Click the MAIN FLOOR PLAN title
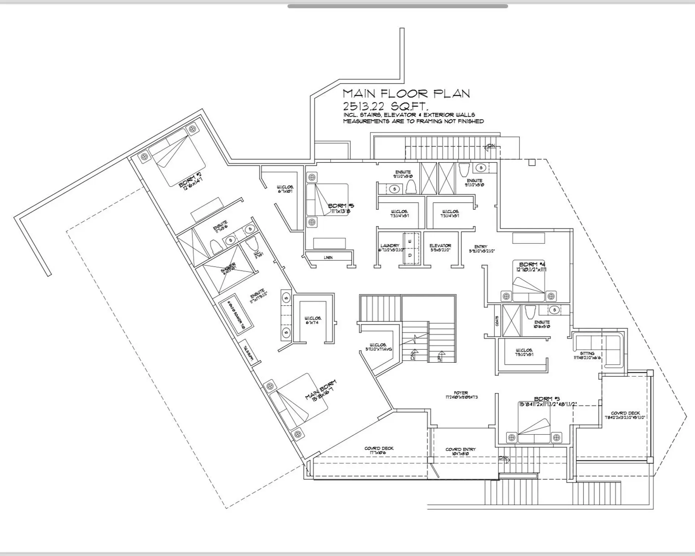[406, 94]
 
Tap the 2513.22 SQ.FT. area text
[386, 106]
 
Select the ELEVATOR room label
[440, 246]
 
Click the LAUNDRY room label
[390, 246]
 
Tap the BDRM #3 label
[547, 399]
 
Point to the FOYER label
[461, 393]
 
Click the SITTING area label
[587, 353]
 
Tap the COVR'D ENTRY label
[460, 450]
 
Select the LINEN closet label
[328, 258]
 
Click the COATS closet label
[497, 321]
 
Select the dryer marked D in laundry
[410, 256]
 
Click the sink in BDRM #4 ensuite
[554, 310]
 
